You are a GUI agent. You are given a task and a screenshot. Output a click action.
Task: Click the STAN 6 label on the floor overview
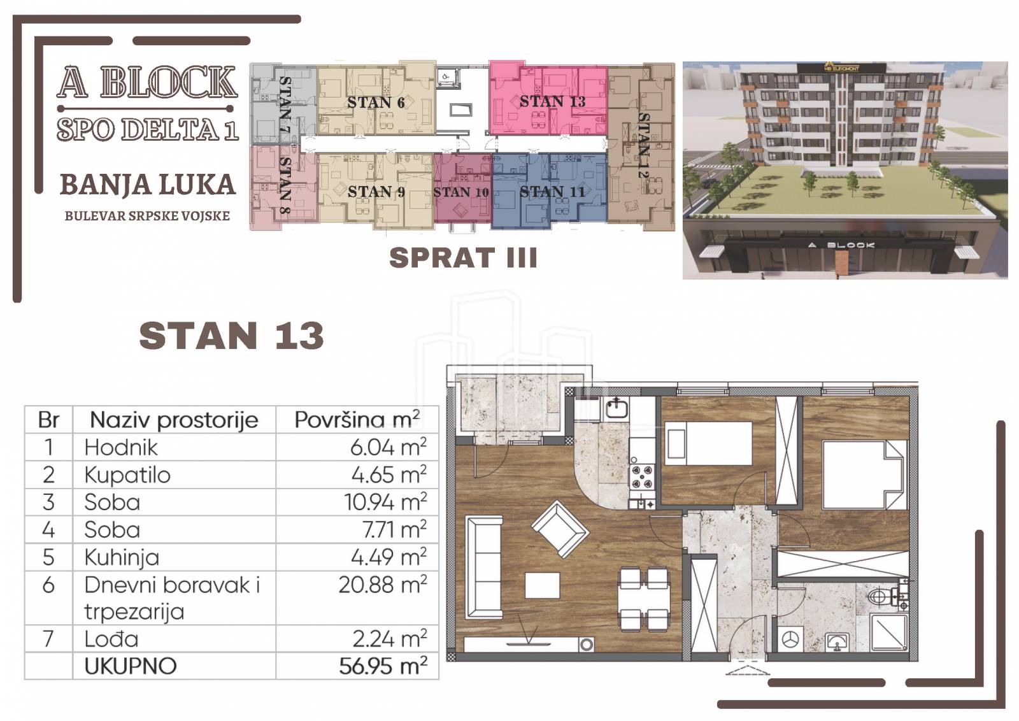pos(376,103)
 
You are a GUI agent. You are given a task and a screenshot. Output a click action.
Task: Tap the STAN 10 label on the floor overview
pos(461,192)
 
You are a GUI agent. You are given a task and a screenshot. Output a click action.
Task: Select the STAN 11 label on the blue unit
pos(552,192)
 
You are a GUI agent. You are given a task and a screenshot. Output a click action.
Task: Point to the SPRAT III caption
pos(463,258)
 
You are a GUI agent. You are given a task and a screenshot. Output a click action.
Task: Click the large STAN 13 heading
pos(231,336)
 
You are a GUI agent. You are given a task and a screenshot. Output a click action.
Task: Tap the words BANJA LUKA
pos(148,185)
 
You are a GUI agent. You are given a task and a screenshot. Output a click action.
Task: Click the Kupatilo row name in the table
pos(127,475)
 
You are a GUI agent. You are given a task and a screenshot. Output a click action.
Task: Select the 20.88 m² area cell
pos(383,585)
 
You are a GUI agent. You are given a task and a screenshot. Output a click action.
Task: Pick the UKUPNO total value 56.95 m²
pos(383,666)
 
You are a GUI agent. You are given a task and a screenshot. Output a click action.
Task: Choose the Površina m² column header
pos(357,419)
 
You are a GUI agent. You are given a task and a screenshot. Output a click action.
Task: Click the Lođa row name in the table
pos(111,639)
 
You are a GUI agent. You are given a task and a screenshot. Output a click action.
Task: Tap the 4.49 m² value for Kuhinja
pos(389,557)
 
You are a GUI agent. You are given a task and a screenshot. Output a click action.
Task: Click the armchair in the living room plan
pos(560,529)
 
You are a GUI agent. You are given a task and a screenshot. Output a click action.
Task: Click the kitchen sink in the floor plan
pos(616,408)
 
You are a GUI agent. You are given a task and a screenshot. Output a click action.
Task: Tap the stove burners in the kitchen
pos(643,476)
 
